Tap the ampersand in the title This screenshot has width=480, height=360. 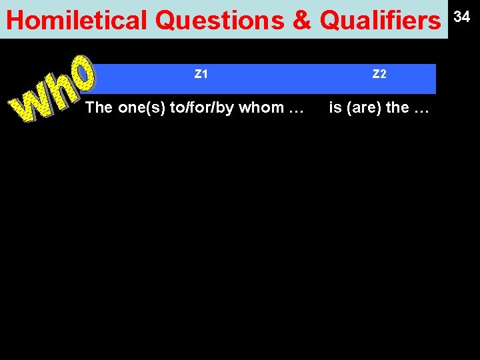[x=302, y=21]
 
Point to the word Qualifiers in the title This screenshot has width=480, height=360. [x=380, y=21]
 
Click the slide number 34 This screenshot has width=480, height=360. [x=462, y=17]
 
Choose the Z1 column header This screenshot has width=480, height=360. [x=201, y=74]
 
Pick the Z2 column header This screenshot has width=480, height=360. [x=379, y=74]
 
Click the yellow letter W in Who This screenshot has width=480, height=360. [x=30, y=107]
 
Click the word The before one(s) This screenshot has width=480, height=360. [x=99, y=107]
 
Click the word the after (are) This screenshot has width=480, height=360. [x=397, y=107]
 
